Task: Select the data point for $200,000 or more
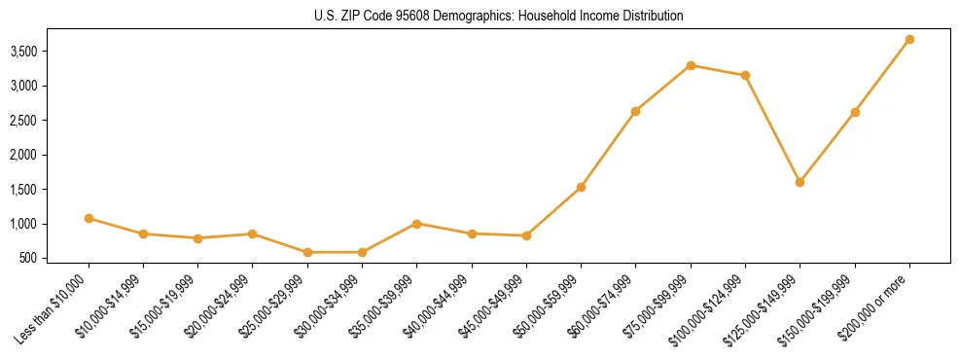(909, 40)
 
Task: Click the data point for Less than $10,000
(89, 218)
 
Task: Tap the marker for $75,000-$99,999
(691, 65)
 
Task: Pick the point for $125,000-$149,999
(800, 182)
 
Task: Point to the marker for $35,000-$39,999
(416, 224)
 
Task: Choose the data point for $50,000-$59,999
(581, 187)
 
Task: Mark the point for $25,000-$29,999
(307, 252)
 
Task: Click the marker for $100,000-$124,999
(745, 75)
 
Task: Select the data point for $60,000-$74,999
(635, 111)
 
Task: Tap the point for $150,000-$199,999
(855, 112)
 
